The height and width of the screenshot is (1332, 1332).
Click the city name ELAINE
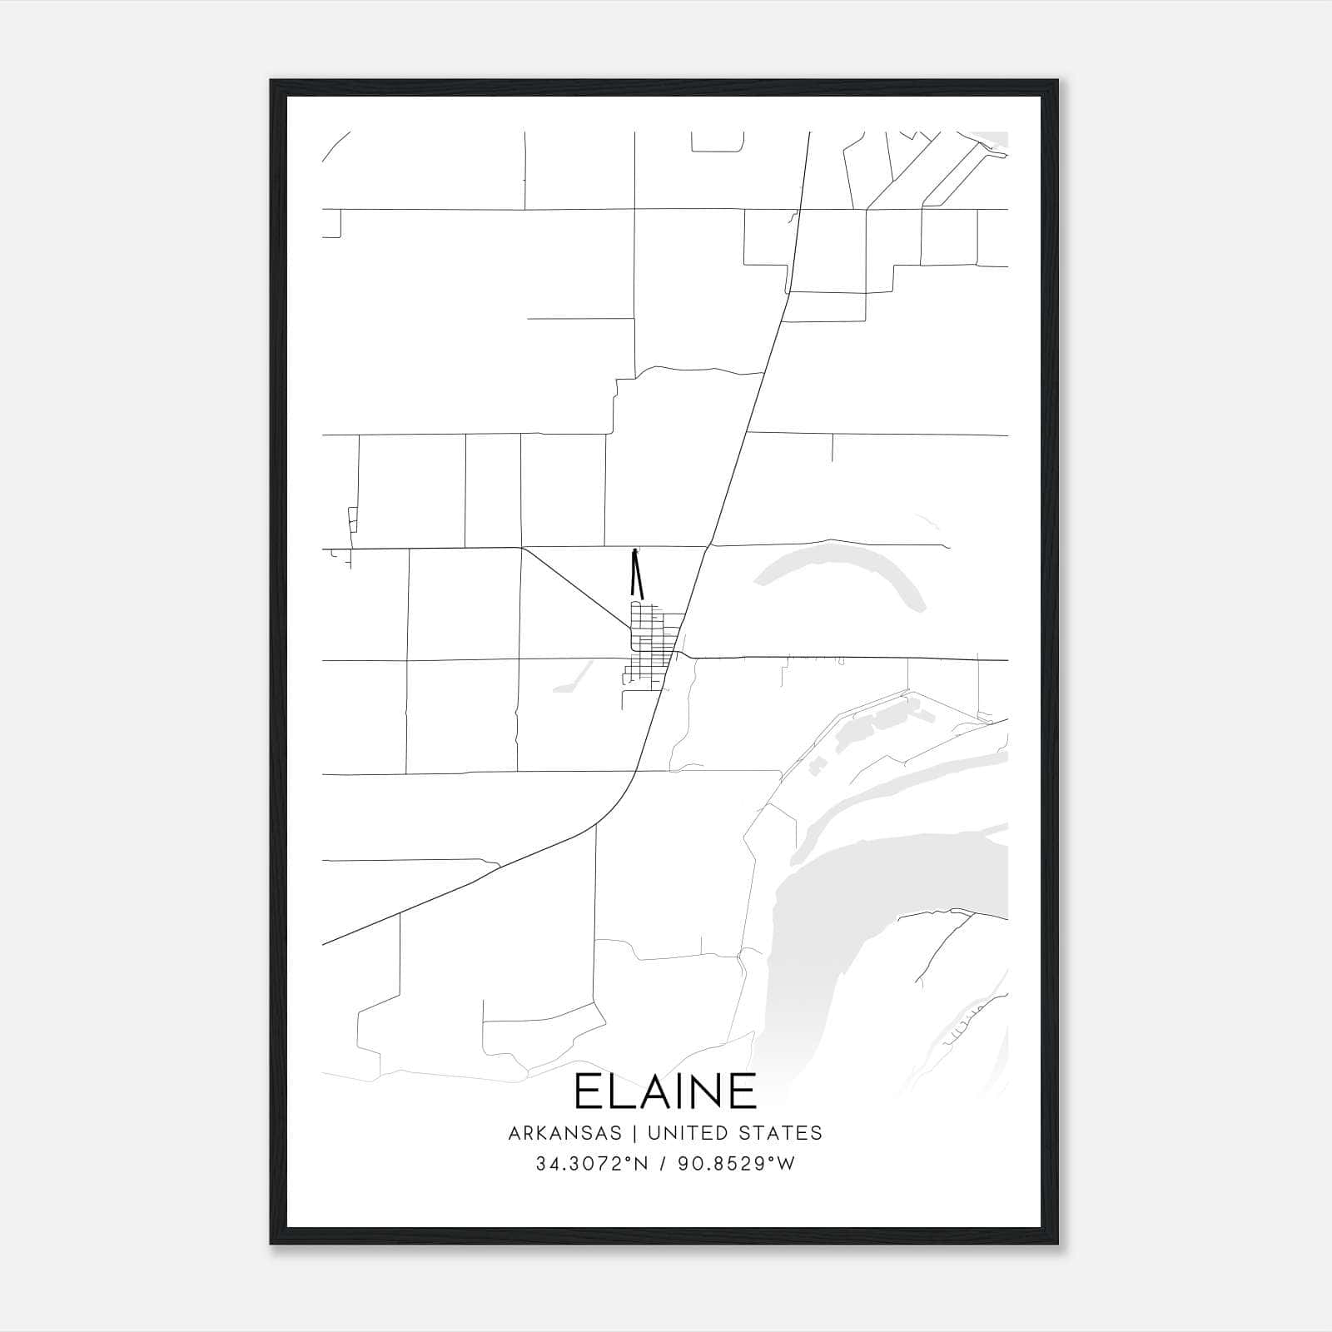pos(665,1091)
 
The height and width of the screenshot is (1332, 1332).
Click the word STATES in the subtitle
pos(782,1132)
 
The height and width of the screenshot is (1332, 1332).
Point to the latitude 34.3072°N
pos(591,1164)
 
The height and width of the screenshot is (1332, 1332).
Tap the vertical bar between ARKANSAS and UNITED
pos(634,1132)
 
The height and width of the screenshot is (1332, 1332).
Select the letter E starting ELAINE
pos(588,1091)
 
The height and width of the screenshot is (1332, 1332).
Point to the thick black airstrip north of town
pos(638,576)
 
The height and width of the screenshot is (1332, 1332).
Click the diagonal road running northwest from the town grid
pos(574,587)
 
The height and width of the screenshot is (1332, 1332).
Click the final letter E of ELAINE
pos(743,1091)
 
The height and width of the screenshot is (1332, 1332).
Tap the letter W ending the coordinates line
pos(787,1164)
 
